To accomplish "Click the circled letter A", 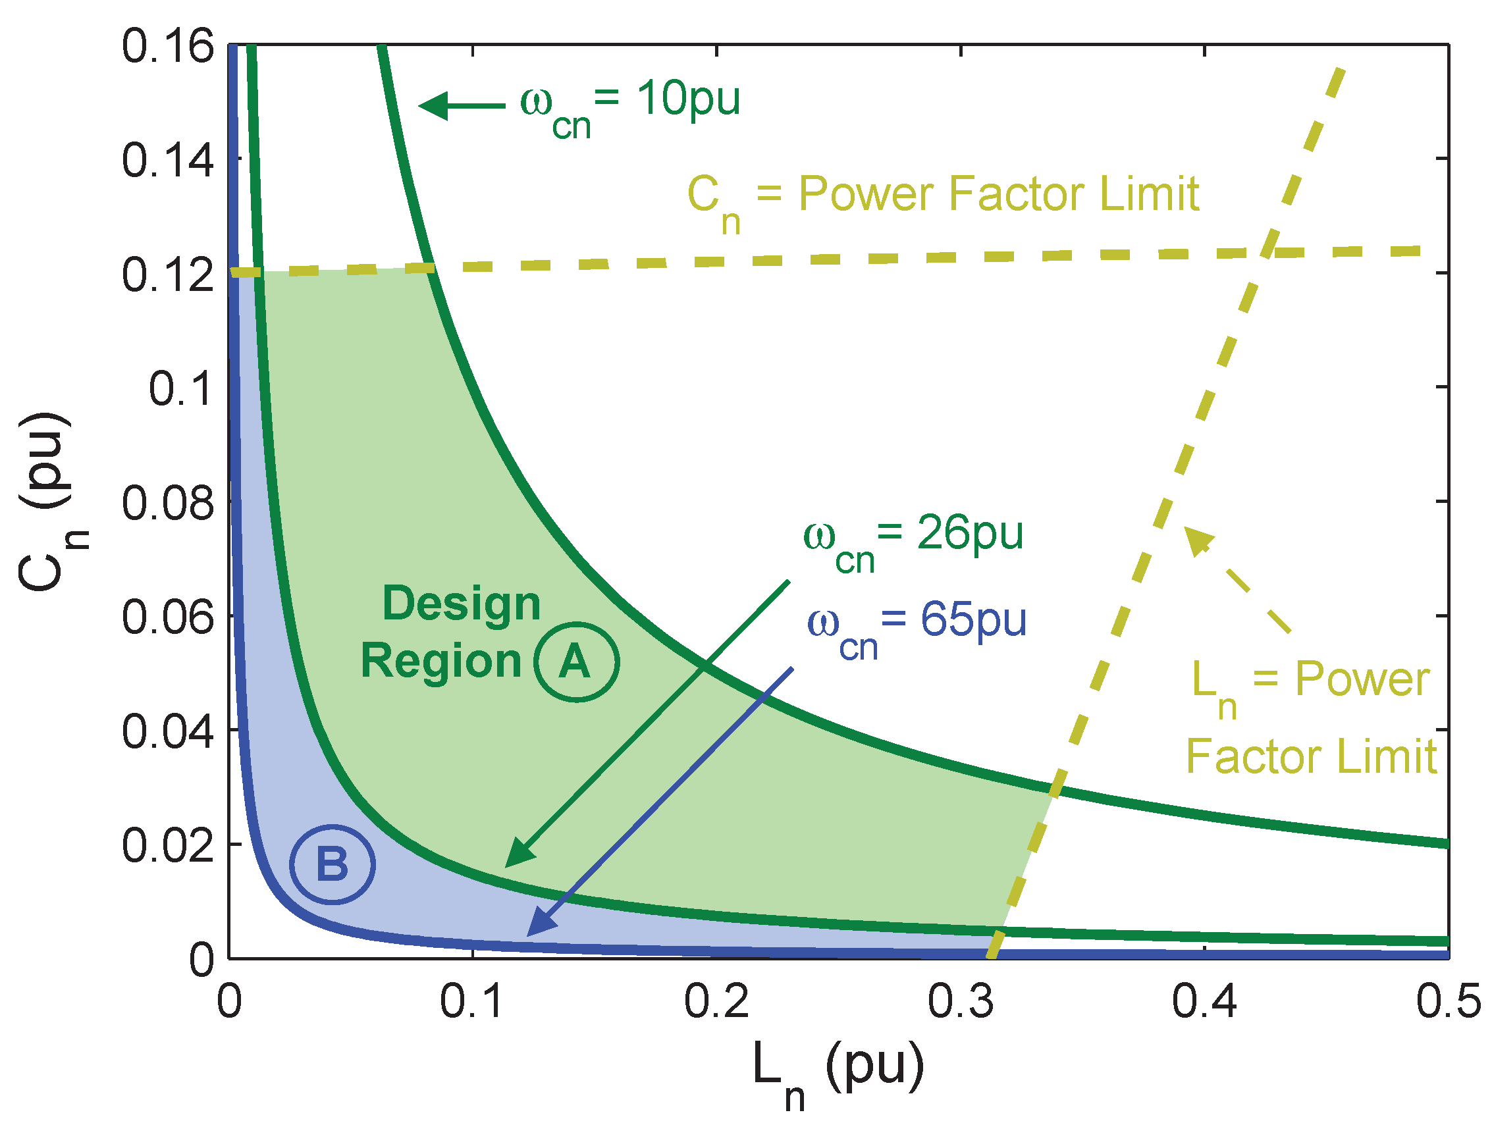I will coord(575,661).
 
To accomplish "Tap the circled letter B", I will coord(332,864).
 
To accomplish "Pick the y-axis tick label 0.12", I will coord(167,275).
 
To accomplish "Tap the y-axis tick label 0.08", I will coord(167,503).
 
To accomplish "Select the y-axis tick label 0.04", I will coord(167,731).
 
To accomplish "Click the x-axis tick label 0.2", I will coord(716,1002).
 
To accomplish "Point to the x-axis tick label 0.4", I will coord(1204,1002).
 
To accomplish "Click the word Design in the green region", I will coord(462,603).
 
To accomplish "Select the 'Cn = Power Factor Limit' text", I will coord(943,199).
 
